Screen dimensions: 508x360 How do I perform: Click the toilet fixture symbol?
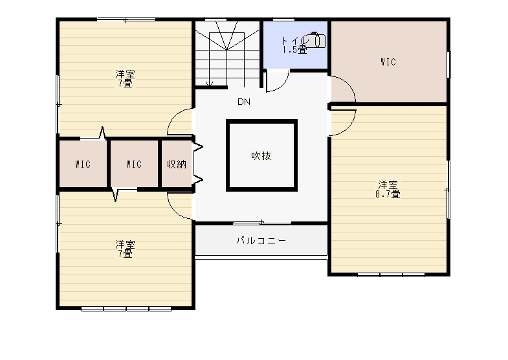pos(315,40)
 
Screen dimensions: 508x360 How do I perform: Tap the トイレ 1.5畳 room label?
pos(294,45)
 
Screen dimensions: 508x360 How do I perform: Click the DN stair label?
pos(244,102)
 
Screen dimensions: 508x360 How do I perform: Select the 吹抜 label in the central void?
pos(261,156)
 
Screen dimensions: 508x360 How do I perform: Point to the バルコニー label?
pos(261,240)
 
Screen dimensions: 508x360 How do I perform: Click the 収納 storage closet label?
pos(177,164)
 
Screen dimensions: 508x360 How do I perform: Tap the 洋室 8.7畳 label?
pos(388,190)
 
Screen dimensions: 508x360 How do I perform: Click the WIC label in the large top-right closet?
pos(388,62)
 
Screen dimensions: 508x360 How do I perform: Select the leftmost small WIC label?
pos(83,164)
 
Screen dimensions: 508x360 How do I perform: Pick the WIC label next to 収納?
pos(134,164)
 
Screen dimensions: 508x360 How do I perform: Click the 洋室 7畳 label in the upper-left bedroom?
pos(125,79)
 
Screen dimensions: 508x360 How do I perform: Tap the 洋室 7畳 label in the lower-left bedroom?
pos(125,249)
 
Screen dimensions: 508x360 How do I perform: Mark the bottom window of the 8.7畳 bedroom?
pos(391,275)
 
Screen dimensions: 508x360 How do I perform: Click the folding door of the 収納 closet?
pos(198,164)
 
